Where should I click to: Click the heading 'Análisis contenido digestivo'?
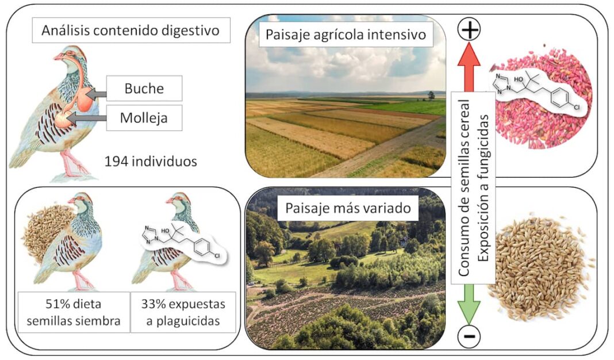pos(131,30)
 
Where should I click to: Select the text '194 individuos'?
pos(151,162)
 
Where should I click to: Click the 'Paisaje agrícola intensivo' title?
pos(346,35)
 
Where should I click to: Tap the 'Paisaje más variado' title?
pos(346,209)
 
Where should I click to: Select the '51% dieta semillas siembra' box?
pos(72,312)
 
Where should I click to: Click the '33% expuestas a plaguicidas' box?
pos(183,312)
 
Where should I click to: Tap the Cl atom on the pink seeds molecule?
pos(576,107)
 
